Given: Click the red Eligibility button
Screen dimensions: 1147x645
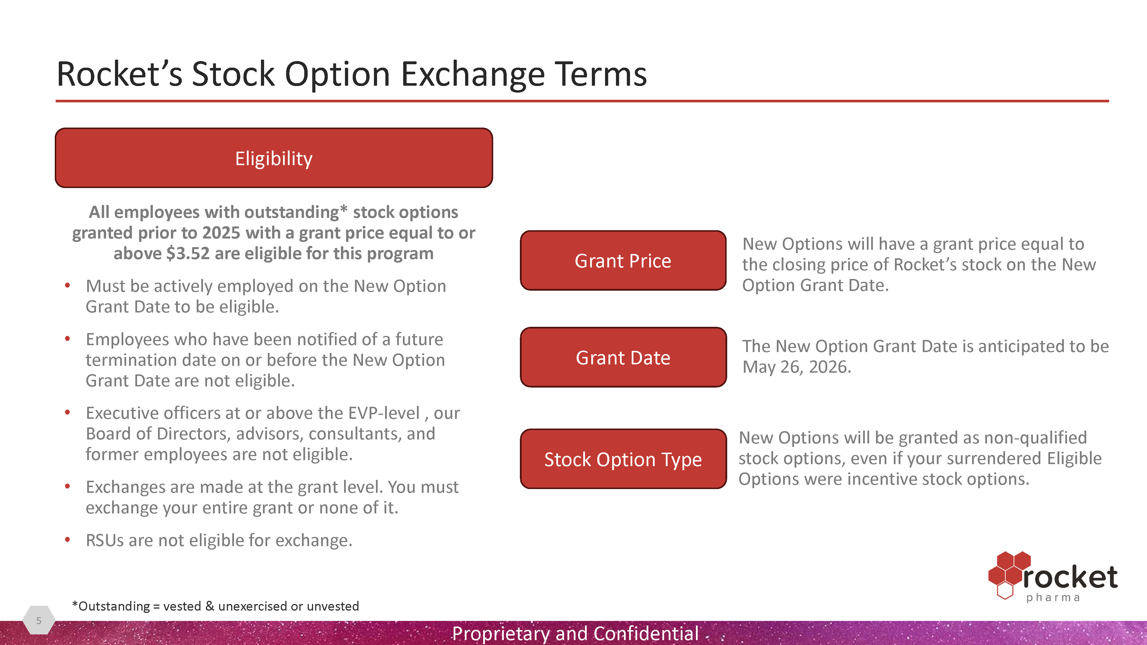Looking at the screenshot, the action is [x=274, y=158].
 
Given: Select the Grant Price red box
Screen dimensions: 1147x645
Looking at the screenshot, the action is [x=623, y=260].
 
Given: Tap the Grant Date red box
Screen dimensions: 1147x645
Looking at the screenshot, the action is [x=623, y=357].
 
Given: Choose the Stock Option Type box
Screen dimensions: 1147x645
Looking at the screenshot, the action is [x=623, y=459].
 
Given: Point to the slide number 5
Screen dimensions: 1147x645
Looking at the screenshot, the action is [x=39, y=620].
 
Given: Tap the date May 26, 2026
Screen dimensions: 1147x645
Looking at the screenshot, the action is [x=797, y=367].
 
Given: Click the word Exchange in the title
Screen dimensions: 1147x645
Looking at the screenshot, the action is [x=473, y=74].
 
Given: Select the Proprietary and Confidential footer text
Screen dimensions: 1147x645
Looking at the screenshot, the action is [x=575, y=633].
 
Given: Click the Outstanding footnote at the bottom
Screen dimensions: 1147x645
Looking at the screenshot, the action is [x=216, y=606].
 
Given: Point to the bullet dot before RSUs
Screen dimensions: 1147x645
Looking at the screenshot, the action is [x=67, y=540].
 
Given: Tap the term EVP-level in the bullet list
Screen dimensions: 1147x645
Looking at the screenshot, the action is [x=384, y=413].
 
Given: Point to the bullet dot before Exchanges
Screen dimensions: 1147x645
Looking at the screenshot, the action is [x=67, y=486].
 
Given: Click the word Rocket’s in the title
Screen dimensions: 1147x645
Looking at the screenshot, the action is [x=119, y=74].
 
